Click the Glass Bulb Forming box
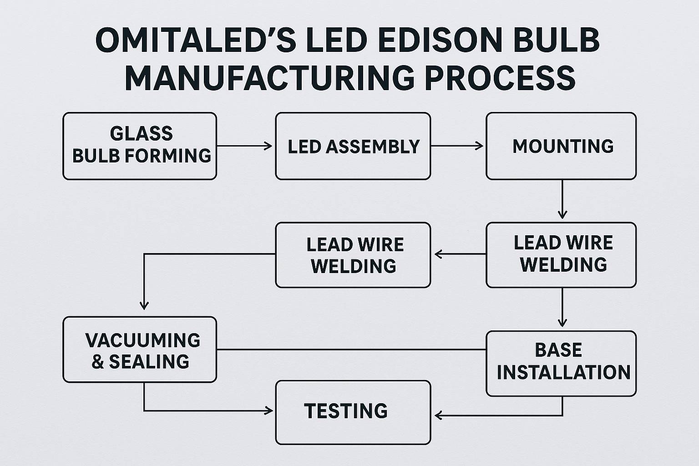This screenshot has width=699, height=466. [x=140, y=146]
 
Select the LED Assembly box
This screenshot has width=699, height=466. [x=353, y=146]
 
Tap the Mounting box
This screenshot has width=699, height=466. [x=561, y=146]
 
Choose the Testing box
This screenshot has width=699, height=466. [x=353, y=412]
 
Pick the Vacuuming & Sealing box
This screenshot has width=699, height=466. [x=140, y=349]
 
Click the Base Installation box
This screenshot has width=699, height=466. [x=561, y=363]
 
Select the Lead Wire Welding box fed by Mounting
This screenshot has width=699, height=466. [x=561, y=254]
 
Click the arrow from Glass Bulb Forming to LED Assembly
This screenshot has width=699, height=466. [x=245, y=146]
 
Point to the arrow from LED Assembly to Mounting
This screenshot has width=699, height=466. [x=457, y=146]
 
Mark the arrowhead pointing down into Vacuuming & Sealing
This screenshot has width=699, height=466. [x=144, y=305]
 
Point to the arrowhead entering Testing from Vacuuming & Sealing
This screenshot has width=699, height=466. [x=268, y=411]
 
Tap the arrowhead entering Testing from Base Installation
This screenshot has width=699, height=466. [x=439, y=415]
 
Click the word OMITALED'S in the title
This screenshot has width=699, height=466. [x=196, y=41]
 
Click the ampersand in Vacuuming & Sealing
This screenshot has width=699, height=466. [x=98, y=362]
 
